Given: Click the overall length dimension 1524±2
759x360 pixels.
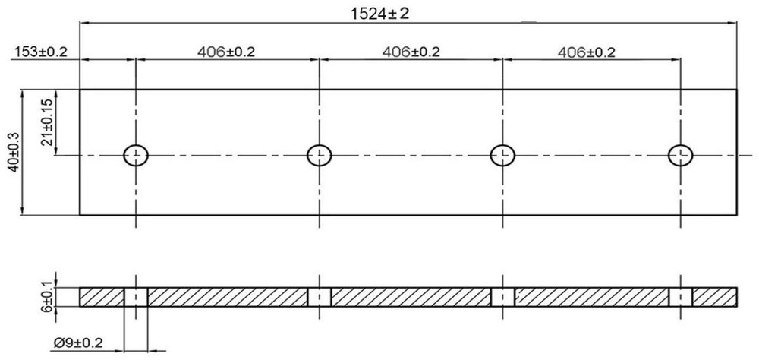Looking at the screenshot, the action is tap(380, 13).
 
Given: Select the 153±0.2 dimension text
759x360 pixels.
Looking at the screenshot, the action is tap(41, 52).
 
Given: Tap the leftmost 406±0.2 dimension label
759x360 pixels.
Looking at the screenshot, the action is tap(225, 52).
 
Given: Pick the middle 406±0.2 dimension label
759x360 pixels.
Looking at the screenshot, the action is tap(411, 52).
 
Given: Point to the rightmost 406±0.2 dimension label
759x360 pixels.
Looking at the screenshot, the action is tap(586, 52).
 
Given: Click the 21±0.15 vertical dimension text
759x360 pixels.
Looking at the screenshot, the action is tap(47, 123).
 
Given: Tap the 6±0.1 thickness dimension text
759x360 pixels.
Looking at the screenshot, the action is tap(47, 295).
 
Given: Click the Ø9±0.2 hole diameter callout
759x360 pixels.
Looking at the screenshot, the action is tap(78, 343).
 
